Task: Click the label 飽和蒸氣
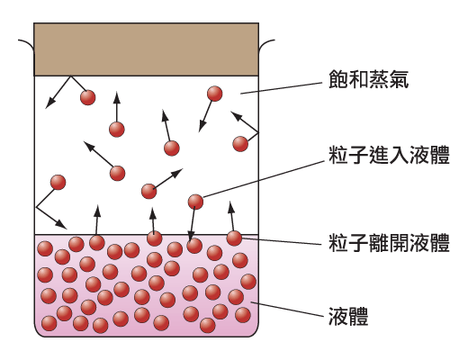(x=368, y=79)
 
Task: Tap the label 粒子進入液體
(x=389, y=155)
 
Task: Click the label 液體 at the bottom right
(x=348, y=316)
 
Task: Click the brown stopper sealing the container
(x=146, y=49)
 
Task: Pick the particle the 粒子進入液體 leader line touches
(x=195, y=202)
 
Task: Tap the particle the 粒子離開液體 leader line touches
(x=234, y=238)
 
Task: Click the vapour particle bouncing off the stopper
(x=88, y=97)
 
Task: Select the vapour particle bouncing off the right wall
(x=240, y=144)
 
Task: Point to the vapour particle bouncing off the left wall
(x=58, y=183)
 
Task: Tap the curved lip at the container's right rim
(x=265, y=44)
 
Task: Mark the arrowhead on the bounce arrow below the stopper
(x=49, y=103)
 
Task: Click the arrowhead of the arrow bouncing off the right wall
(x=236, y=115)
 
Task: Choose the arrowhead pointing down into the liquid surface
(x=191, y=237)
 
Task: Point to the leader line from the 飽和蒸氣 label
(x=281, y=88)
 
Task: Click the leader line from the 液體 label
(x=288, y=310)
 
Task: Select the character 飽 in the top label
(x=338, y=79)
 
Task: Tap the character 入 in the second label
(x=399, y=155)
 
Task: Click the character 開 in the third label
(x=399, y=243)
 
